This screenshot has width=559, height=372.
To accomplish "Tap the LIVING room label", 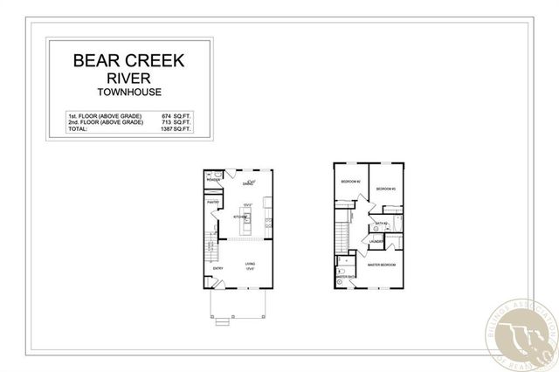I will click(250, 263).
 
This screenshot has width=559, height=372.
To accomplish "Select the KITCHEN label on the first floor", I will click(238, 219).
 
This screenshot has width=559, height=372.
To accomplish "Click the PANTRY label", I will click(212, 203).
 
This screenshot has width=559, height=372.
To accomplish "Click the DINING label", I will click(248, 184).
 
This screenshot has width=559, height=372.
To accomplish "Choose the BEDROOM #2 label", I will click(349, 182).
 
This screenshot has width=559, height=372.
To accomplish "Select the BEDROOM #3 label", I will click(386, 189).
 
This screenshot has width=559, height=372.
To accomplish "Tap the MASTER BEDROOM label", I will click(383, 264).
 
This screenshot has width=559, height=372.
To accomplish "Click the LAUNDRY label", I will click(376, 242).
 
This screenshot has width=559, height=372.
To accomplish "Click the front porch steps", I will click(222, 320).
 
